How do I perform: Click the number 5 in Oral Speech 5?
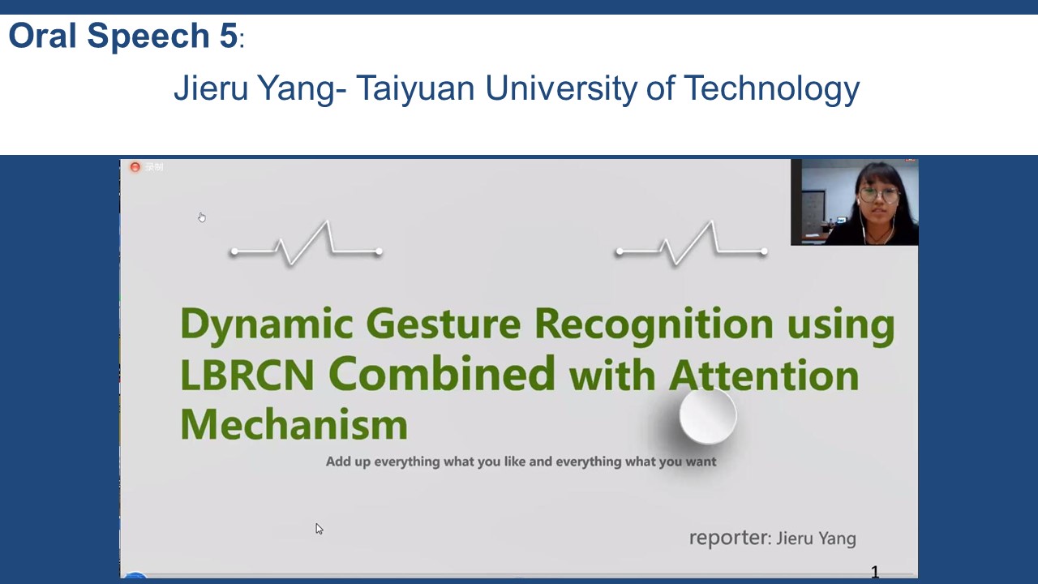[228, 35]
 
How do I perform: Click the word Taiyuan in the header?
[415, 88]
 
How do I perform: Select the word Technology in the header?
[772, 88]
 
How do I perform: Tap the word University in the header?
[561, 88]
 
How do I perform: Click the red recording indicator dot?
[135, 167]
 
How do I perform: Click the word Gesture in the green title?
[444, 324]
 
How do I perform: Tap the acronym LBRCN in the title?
[247, 375]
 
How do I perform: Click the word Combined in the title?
[442, 374]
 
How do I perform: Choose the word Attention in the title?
[764, 375]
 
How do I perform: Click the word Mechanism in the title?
[294, 423]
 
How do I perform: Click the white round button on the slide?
[708, 416]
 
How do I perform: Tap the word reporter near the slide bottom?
[728, 538]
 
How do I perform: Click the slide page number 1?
[875, 572]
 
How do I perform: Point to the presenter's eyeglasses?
[880, 195]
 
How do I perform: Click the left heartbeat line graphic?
[307, 243]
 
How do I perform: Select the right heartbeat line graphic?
[692, 243]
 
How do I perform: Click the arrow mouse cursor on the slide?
[319, 528]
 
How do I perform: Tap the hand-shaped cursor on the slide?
[202, 217]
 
